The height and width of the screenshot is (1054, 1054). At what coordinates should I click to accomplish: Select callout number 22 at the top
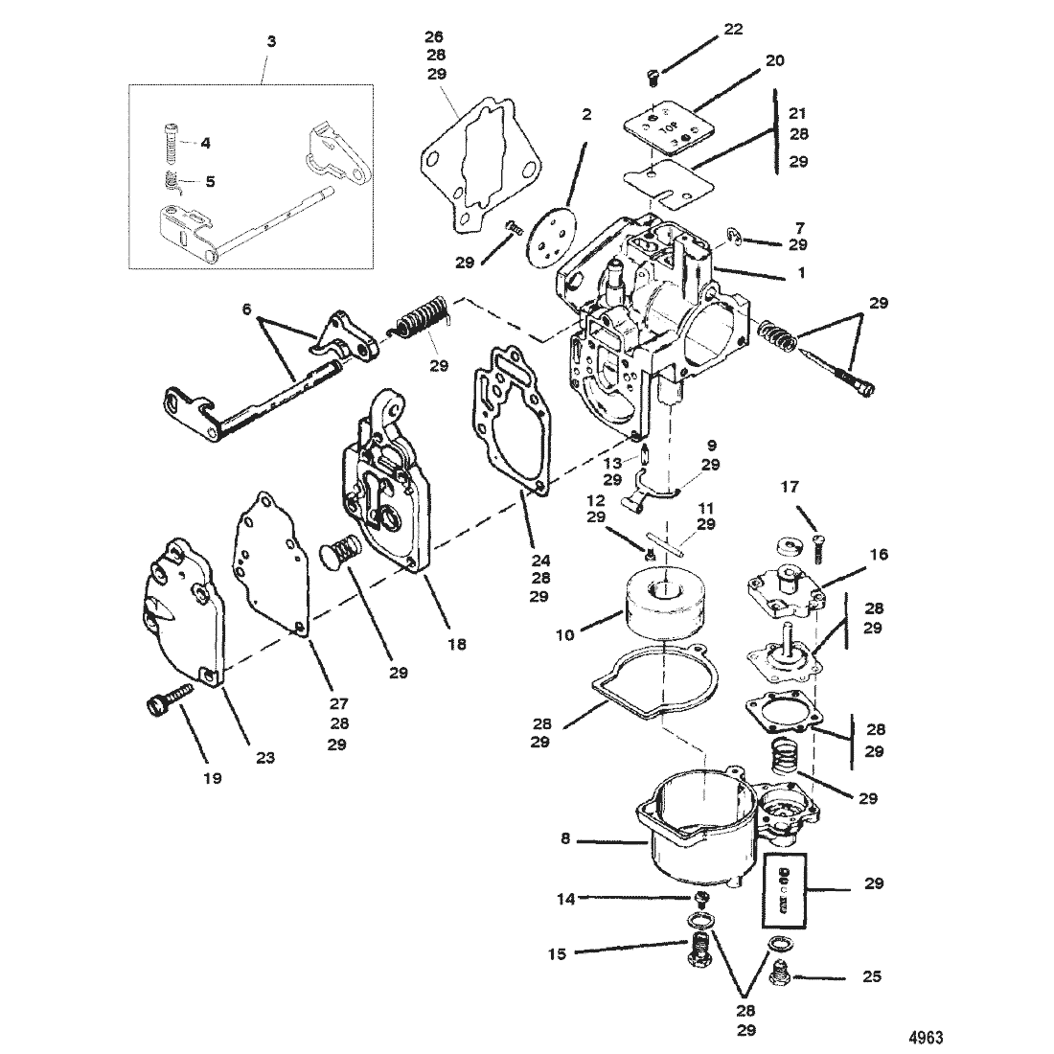coord(733,30)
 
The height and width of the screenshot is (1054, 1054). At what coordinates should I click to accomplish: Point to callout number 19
coord(212,778)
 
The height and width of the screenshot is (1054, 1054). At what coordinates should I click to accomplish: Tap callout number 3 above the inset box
coord(272,43)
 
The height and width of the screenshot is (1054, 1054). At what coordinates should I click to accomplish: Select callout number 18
coord(457,644)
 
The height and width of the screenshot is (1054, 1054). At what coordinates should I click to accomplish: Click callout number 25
coord(872,977)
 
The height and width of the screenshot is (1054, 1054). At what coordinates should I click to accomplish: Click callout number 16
coord(879,554)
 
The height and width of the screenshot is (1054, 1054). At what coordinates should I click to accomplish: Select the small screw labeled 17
coord(816,552)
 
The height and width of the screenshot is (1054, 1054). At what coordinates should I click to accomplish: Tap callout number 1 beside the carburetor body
coord(802,272)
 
